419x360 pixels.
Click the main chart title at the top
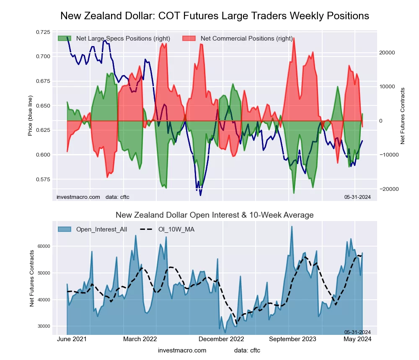(215, 16)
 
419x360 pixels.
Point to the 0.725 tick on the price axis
(41, 32)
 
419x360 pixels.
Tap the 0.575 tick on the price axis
(41, 179)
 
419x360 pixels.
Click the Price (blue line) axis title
(30, 116)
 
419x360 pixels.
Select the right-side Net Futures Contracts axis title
(403, 116)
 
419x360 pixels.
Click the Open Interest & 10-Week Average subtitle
(215, 215)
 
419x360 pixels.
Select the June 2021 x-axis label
(72, 339)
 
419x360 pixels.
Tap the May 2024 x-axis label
(355, 339)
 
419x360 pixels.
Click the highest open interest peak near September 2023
(292, 226)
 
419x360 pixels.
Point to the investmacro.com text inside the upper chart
(78, 197)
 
